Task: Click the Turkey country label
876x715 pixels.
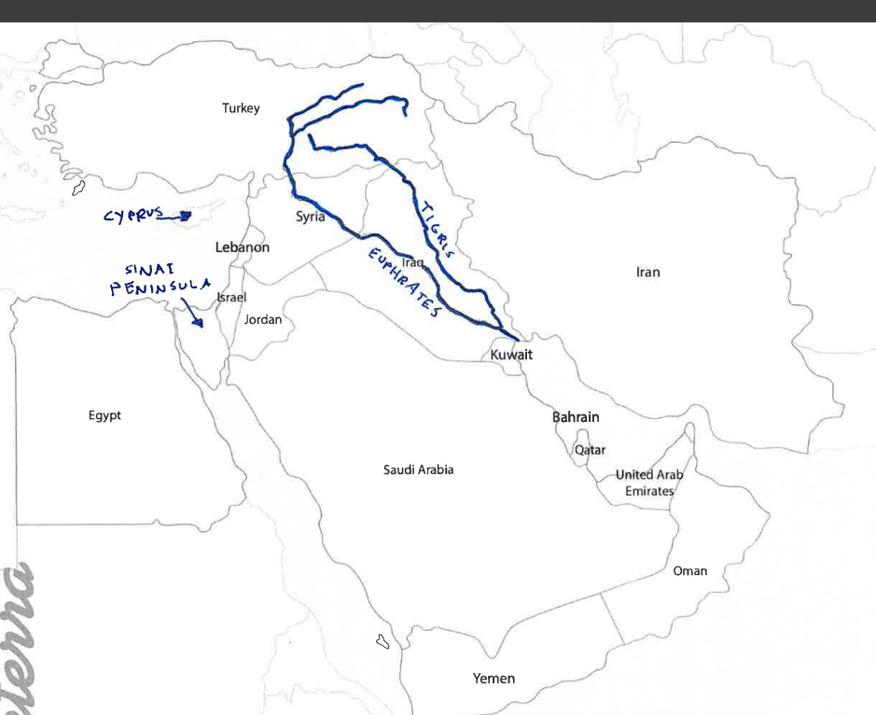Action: pos(241,108)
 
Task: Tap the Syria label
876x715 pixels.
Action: pos(311,217)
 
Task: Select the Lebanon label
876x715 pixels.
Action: pos(243,247)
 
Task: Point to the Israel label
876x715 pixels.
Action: pos(231,297)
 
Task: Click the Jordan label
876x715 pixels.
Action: pos(262,319)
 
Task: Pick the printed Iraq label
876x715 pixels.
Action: pos(413,263)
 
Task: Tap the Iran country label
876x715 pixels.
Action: pos(648,273)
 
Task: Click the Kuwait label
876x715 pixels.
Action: pos(511,355)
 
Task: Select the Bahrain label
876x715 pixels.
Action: pos(576,416)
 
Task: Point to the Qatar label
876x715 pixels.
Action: pos(590,450)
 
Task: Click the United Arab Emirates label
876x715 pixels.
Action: pos(649,483)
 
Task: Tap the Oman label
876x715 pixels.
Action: pos(690,570)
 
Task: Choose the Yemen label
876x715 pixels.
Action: pos(494,679)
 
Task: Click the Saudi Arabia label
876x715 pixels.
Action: pos(419,470)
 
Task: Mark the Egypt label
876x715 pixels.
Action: pos(104,415)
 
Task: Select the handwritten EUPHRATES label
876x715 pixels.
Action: pos(402,283)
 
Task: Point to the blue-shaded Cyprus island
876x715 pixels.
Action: pos(185,216)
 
